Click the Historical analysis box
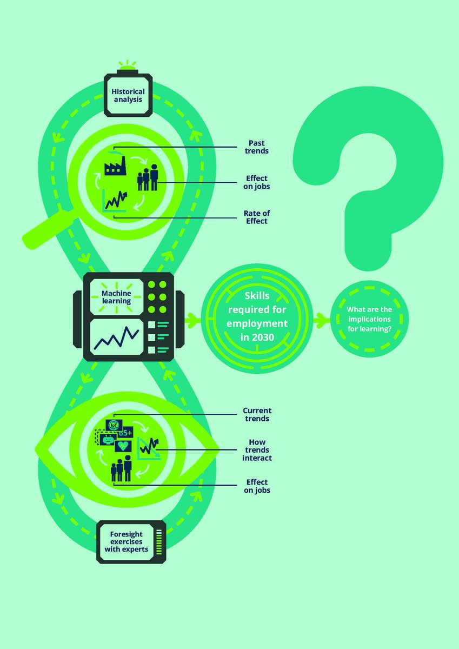coord(128,95)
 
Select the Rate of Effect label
coord(256,217)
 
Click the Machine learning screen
coord(117,296)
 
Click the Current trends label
coord(257,414)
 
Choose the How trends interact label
coord(257,449)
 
